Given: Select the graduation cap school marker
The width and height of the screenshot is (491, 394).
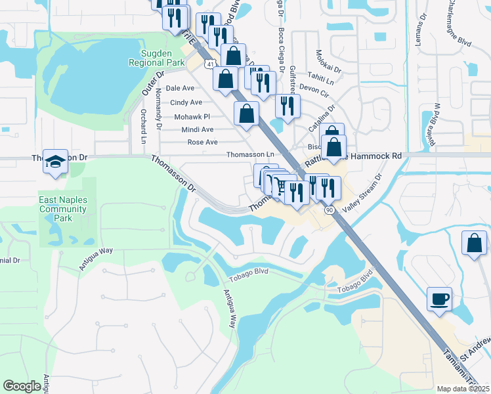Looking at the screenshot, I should point(56,162).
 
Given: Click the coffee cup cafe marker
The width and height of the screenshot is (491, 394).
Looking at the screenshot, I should point(439,299).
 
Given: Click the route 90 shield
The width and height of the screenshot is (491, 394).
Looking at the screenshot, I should point(328,209).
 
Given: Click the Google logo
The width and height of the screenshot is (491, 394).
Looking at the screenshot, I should point(22,386).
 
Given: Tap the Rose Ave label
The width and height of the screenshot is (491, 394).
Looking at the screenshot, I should point(202,142).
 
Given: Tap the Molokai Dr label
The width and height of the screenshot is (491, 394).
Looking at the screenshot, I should point(328,62).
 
